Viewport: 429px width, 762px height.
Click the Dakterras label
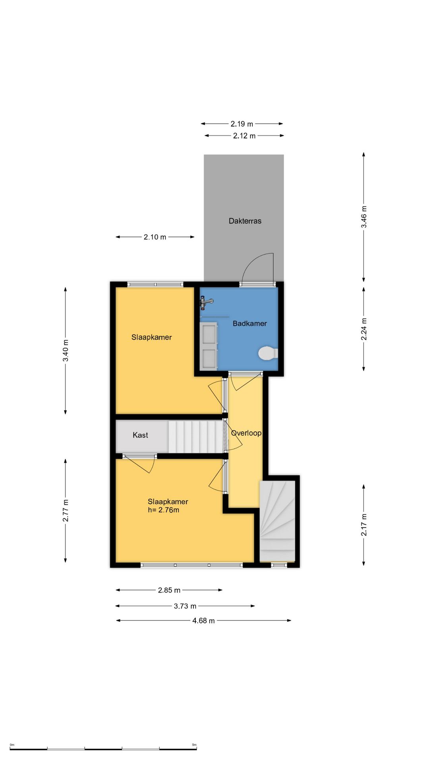point(245,221)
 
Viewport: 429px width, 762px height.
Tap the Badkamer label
point(249,323)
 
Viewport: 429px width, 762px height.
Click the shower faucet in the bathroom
point(206,303)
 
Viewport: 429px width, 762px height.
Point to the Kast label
point(140,435)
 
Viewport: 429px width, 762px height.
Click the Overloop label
point(246,433)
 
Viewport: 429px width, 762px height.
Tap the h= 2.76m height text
point(163,510)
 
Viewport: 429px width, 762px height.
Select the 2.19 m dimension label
point(242,124)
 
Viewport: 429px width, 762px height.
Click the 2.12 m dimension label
point(244,136)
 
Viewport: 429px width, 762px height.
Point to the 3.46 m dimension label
point(364,217)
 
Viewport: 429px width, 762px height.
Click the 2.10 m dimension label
point(155,237)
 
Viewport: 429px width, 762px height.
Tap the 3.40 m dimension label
point(66,351)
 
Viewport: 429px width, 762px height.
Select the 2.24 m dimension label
point(364,329)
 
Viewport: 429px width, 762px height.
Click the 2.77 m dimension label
point(66,511)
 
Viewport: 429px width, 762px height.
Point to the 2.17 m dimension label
point(364,525)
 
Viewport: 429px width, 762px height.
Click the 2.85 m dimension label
point(169,590)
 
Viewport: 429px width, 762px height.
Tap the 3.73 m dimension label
point(185,606)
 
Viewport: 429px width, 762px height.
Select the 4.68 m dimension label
point(203,621)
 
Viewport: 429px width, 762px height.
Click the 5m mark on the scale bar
point(194,745)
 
